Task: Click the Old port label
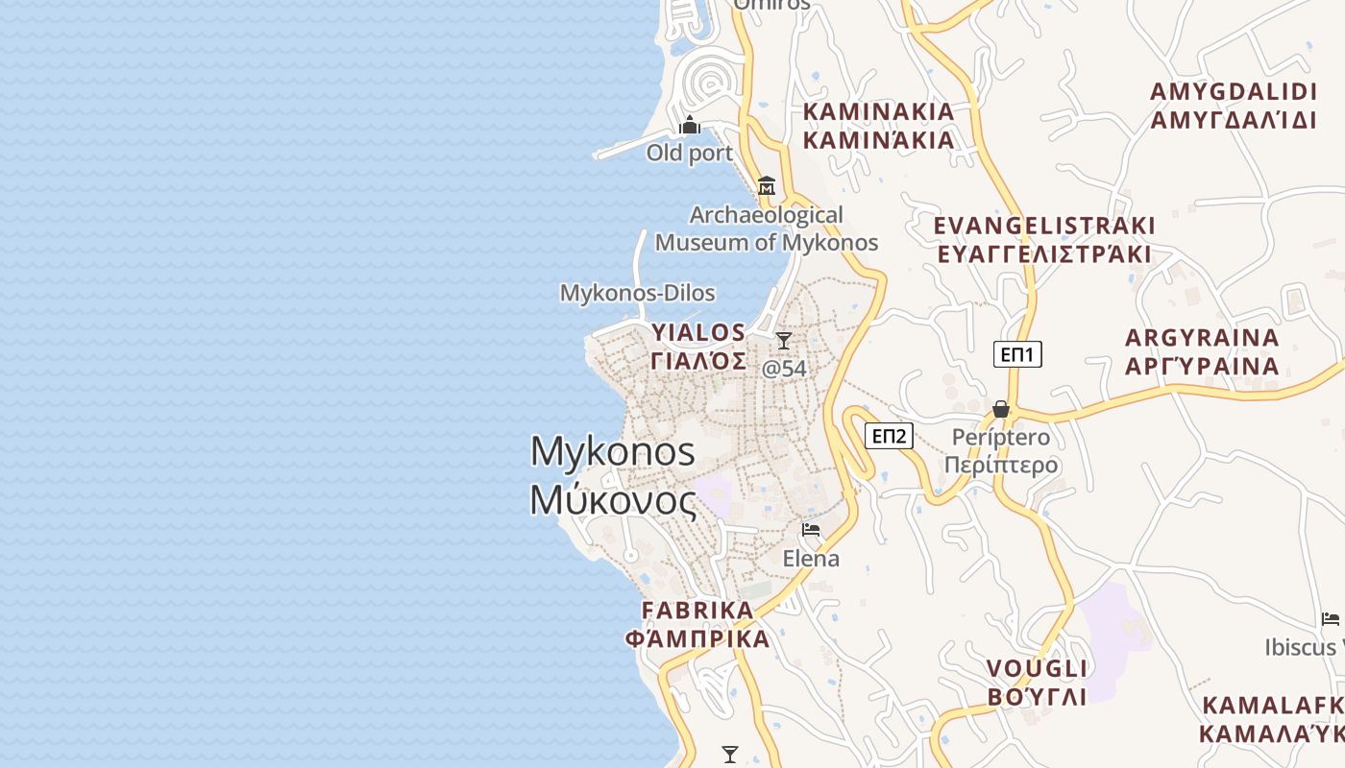689,153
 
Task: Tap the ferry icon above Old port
690,125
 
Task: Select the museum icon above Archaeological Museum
767,185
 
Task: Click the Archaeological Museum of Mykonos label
767,228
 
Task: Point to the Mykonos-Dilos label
637,293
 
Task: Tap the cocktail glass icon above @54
784,340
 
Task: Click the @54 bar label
784,369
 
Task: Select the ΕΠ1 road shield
1017,354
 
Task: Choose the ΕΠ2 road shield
889,436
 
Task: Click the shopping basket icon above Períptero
1001,409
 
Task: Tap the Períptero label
1001,451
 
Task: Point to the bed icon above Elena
811,529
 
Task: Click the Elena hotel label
811,559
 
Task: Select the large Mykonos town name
613,475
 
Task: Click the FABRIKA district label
697,624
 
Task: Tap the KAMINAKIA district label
878,126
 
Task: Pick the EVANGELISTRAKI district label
1044,240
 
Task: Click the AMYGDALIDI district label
1234,106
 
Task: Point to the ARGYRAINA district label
1202,351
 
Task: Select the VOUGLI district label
1037,682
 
